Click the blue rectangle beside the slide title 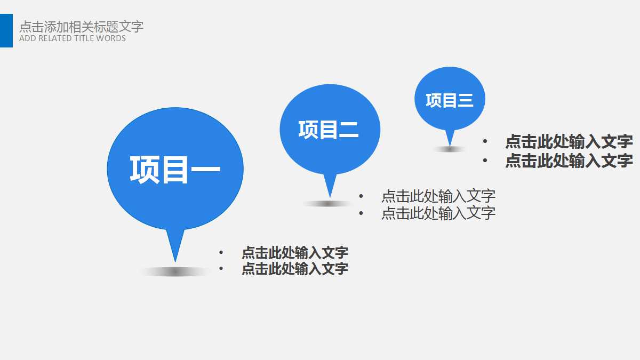pyautogui.click(x=6, y=30)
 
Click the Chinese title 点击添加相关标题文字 pyautogui.click(x=81, y=26)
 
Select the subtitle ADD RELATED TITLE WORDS pyautogui.click(x=73, y=38)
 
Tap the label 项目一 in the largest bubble pyautogui.click(x=175, y=170)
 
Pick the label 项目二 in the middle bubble pyautogui.click(x=329, y=130)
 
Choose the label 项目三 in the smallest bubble pyautogui.click(x=450, y=100)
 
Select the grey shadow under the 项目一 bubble pyautogui.click(x=175, y=272)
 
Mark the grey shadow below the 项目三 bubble pyautogui.click(x=450, y=149)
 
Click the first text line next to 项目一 pyautogui.click(x=295, y=252)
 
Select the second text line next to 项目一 pyautogui.click(x=295, y=268)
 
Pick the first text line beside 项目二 pyautogui.click(x=438, y=196)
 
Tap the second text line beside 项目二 pyautogui.click(x=438, y=213)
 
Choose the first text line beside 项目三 pyautogui.click(x=569, y=141)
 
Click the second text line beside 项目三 pyautogui.click(x=569, y=160)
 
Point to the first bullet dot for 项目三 pyautogui.click(x=485, y=141)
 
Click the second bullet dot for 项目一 pyautogui.click(x=221, y=268)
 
